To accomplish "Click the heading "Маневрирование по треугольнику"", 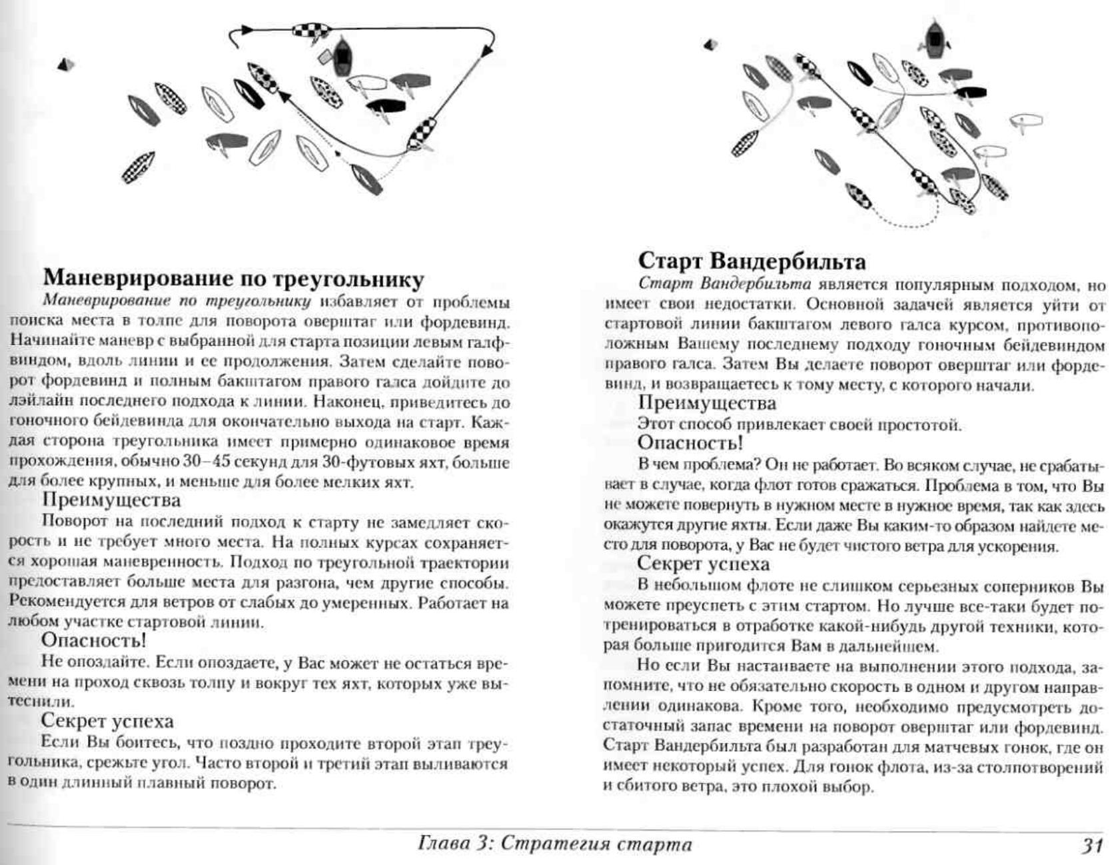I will [x=233, y=278].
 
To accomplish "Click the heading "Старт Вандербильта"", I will [x=752, y=261].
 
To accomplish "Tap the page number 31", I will [x=1092, y=845].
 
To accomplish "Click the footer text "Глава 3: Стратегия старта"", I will [x=554, y=844].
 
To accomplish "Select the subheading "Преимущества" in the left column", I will [x=111, y=500].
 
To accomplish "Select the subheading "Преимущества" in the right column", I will [x=707, y=403].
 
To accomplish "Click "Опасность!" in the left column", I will [x=93, y=640].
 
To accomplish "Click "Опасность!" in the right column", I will [x=690, y=442].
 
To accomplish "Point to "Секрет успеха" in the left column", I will [x=107, y=721].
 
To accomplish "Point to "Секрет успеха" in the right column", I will [x=704, y=564].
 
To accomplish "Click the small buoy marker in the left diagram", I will [x=65, y=65].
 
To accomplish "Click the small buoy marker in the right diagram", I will [x=710, y=45].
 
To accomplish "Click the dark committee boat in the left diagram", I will [x=341, y=57].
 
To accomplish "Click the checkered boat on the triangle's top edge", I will [x=310, y=31].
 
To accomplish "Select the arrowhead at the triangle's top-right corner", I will [x=488, y=48].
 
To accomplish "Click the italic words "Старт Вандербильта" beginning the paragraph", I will [x=724, y=285].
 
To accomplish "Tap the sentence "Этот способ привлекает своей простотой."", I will [x=799, y=424].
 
